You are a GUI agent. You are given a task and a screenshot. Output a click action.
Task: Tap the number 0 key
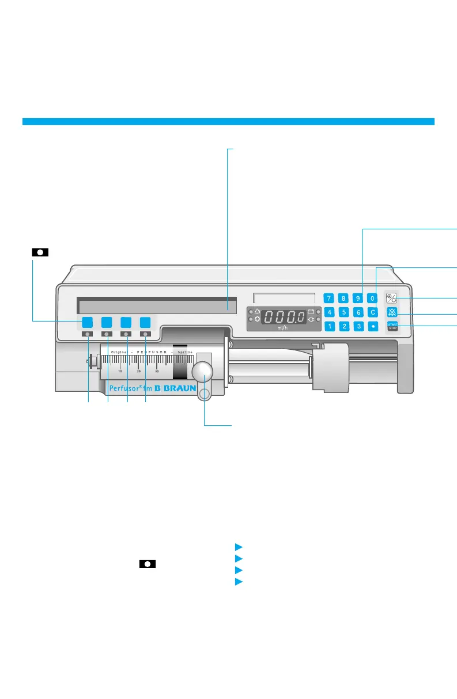373,299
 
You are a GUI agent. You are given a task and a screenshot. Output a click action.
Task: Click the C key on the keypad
373,312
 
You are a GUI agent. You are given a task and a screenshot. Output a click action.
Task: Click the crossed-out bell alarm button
392,313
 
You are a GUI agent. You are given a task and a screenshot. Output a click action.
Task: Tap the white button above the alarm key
392,299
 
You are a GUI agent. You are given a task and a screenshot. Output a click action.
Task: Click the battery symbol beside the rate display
311,311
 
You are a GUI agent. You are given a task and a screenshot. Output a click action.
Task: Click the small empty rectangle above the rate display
284,297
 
